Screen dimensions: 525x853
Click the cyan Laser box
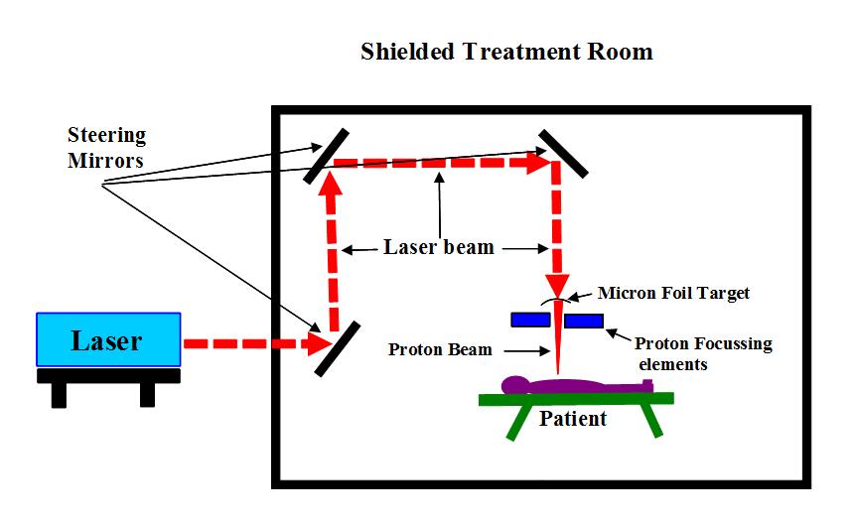point(108,340)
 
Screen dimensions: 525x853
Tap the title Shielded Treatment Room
point(506,52)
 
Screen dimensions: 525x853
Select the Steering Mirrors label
point(106,146)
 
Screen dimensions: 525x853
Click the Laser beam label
point(438,247)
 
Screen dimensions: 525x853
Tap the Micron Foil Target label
point(673,293)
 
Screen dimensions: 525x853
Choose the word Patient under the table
point(573,419)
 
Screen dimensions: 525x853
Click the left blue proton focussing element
point(530,320)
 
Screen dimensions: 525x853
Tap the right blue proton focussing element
point(583,320)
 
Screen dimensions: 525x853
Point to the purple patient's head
point(514,383)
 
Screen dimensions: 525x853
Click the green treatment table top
point(576,399)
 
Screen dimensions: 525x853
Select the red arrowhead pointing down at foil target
point(557,281)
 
